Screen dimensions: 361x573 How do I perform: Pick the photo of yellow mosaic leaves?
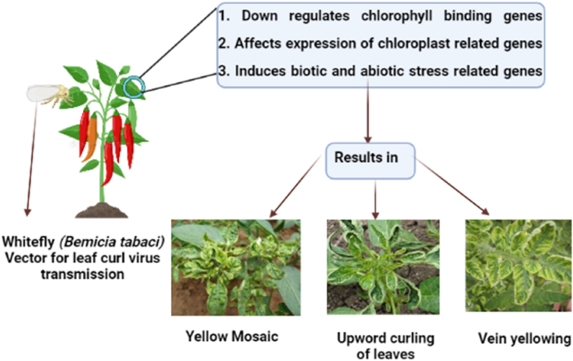pos(236,267)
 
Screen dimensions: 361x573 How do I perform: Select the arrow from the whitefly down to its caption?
pos(32,158)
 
